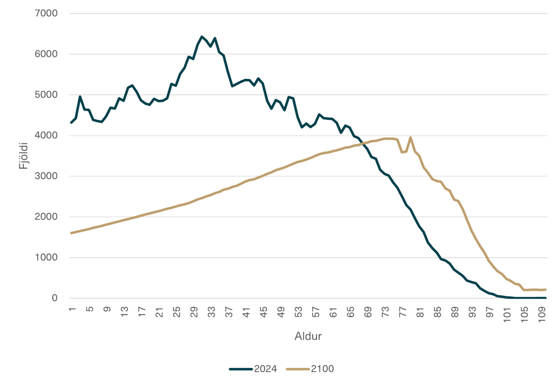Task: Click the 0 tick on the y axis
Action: (x=55, y=298)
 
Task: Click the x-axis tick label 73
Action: (x=385, y=311)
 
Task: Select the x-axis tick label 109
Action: (x=542, y=313)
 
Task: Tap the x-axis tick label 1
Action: (x=72, y=310)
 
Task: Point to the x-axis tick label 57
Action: (x=316, y=311)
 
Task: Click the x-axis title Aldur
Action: (x=308, y=337)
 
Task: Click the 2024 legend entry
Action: (x=253, y=369)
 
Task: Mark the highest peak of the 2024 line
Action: (x=202, y=36)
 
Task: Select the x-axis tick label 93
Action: (x=473, y=311)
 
